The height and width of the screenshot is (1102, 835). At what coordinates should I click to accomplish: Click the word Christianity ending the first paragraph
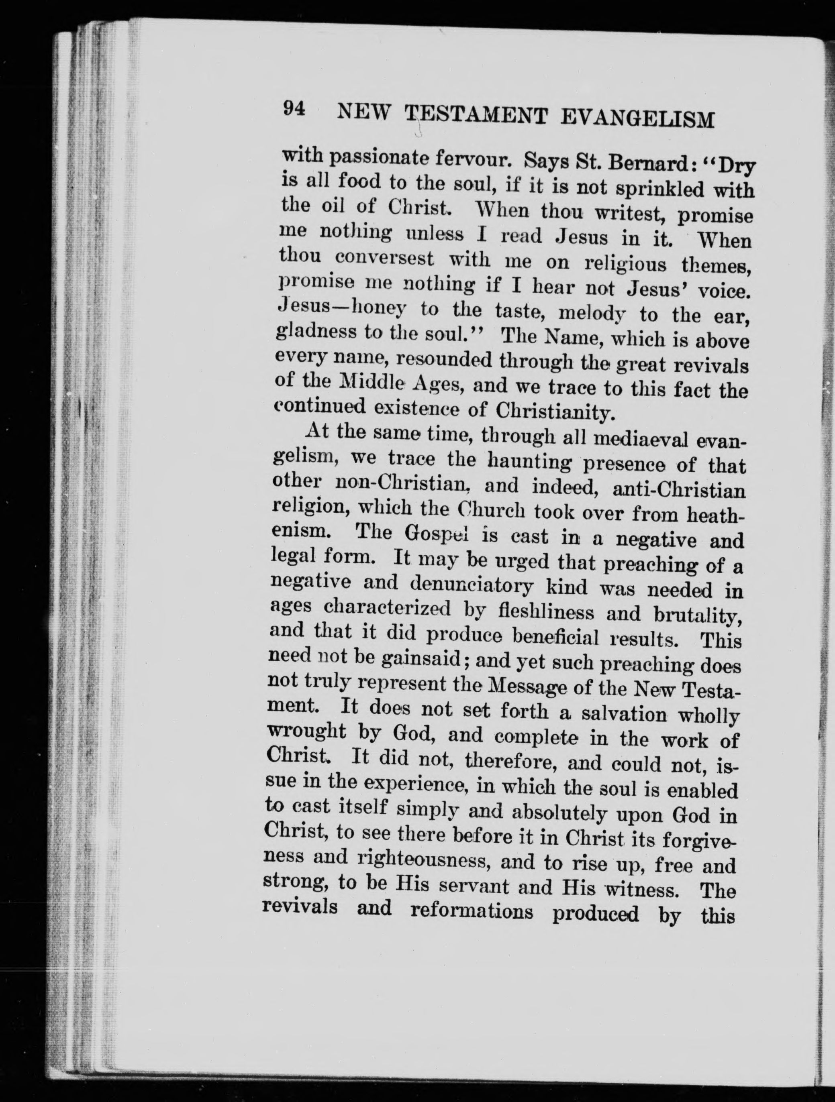(560, 411)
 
